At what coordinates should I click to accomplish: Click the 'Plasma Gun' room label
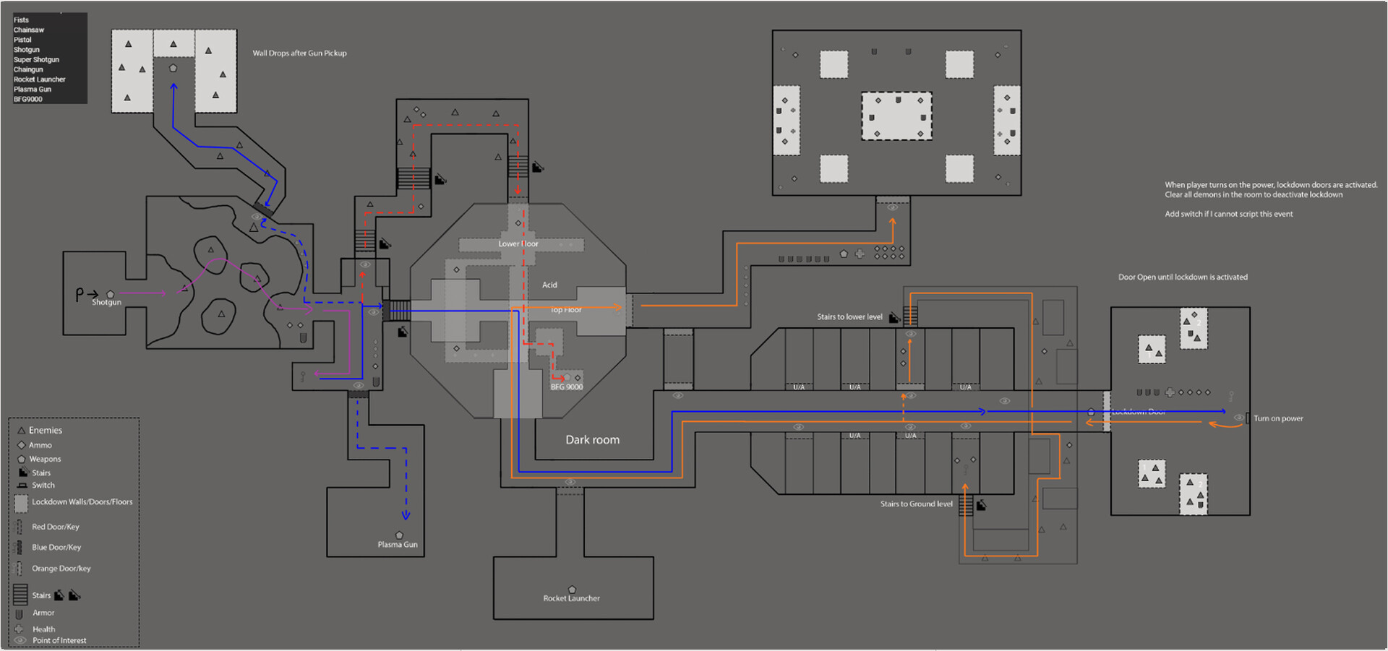398,545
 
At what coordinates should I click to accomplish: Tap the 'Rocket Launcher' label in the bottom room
571,598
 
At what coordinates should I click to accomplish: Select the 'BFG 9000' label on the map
567,387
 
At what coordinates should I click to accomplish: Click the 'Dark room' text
592,439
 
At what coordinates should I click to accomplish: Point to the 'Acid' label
549,285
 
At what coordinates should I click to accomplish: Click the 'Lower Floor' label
518,244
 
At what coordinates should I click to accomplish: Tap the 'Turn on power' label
1278,418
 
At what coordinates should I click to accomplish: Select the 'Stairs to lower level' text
849,317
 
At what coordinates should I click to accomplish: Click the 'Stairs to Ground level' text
916,504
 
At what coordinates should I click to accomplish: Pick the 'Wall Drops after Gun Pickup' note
299,53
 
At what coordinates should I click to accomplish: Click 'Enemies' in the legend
45,431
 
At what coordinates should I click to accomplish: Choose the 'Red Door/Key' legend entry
55,527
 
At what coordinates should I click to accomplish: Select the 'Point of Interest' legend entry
59,641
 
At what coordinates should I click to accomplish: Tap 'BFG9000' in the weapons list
27,100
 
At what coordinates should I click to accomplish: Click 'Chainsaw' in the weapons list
28,30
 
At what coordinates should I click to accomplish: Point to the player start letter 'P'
80,294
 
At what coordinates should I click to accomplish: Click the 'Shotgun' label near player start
106,303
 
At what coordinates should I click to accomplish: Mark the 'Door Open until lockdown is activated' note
1183,277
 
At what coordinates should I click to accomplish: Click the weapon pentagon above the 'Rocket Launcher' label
572,590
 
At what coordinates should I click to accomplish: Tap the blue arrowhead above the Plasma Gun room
406,516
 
